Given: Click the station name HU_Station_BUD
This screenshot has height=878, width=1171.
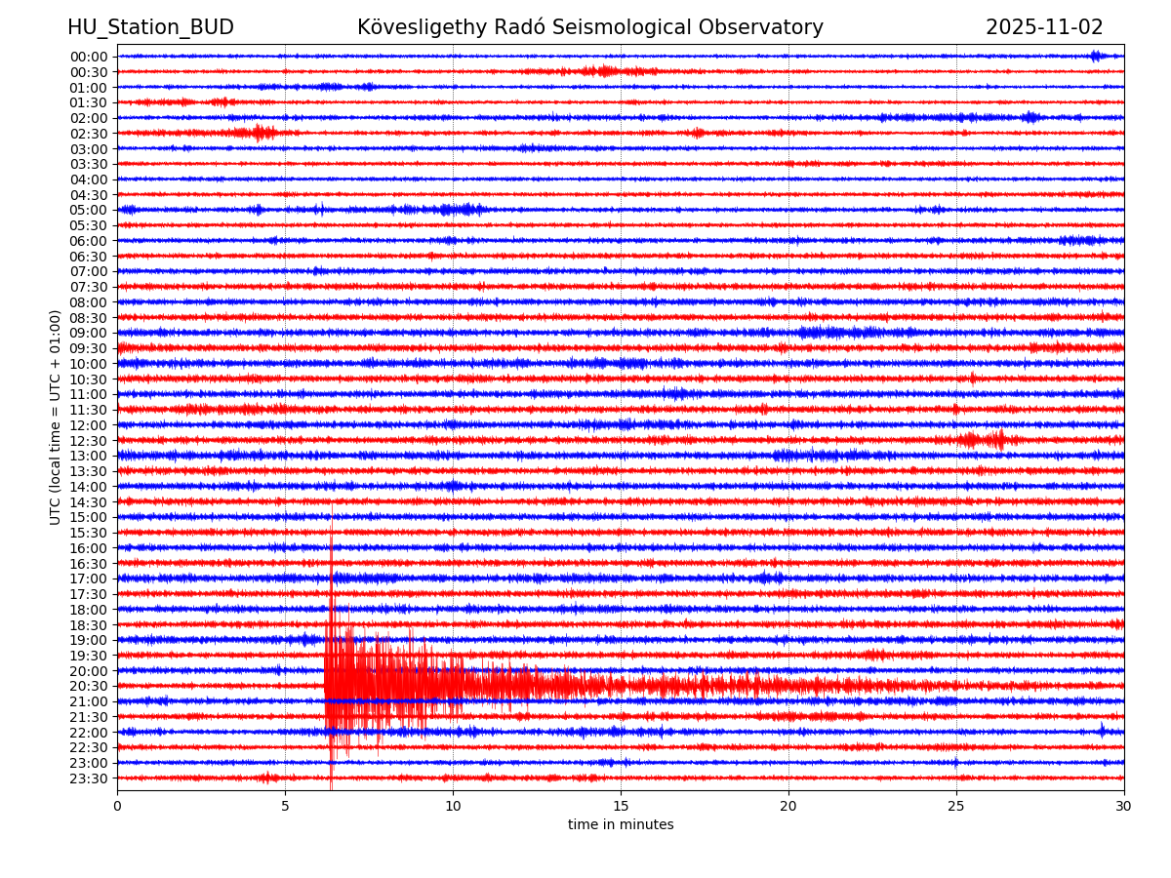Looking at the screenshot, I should coord(150,27).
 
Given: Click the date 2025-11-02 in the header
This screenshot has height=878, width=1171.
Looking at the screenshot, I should coord(1044,27).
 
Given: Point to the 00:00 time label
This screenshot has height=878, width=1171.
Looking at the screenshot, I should coord(89,57).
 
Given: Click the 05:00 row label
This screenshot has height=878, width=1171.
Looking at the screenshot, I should coord(89,210).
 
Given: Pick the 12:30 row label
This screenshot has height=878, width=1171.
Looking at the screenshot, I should coord(89,441).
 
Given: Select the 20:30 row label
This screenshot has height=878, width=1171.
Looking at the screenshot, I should coord(89,687).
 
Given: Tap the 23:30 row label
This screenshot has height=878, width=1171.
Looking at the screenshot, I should coord(89,778).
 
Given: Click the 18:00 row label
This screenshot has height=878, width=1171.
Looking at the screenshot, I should coord(89,610).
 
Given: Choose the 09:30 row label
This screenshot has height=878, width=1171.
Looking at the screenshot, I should coord(89,348).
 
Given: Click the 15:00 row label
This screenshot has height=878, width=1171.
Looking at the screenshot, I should coord(89,517).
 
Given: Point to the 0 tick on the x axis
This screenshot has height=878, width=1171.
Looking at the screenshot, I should coord(117,807).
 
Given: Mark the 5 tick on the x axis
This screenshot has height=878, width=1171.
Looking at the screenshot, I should coord(285,807).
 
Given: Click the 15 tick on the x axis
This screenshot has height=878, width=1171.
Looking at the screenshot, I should coord(621,807).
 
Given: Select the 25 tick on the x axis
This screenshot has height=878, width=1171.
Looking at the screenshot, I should coord(956,807).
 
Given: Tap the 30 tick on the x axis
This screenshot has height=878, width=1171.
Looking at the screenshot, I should coord(1124,807).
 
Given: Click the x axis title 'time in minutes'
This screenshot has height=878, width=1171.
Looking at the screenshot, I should coord(621,825).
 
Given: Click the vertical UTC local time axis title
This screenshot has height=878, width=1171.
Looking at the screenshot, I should coord(56,417).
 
